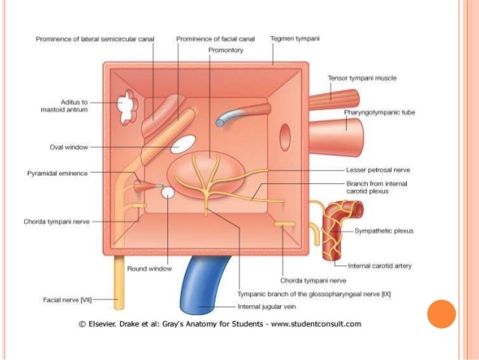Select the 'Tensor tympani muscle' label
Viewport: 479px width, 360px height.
point(363,77)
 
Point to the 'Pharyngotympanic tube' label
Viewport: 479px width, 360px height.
point(379,113)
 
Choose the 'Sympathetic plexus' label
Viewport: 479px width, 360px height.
point(383,231)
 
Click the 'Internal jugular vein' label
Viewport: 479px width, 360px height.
point(267,306)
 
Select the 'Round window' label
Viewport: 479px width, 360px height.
point(149,268)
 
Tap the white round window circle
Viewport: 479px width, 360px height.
point(169,193)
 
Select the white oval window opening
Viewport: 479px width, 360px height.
point(182,143)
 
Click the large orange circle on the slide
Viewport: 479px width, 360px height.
point(441,313)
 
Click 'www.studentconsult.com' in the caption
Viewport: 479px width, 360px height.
point(316,324)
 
